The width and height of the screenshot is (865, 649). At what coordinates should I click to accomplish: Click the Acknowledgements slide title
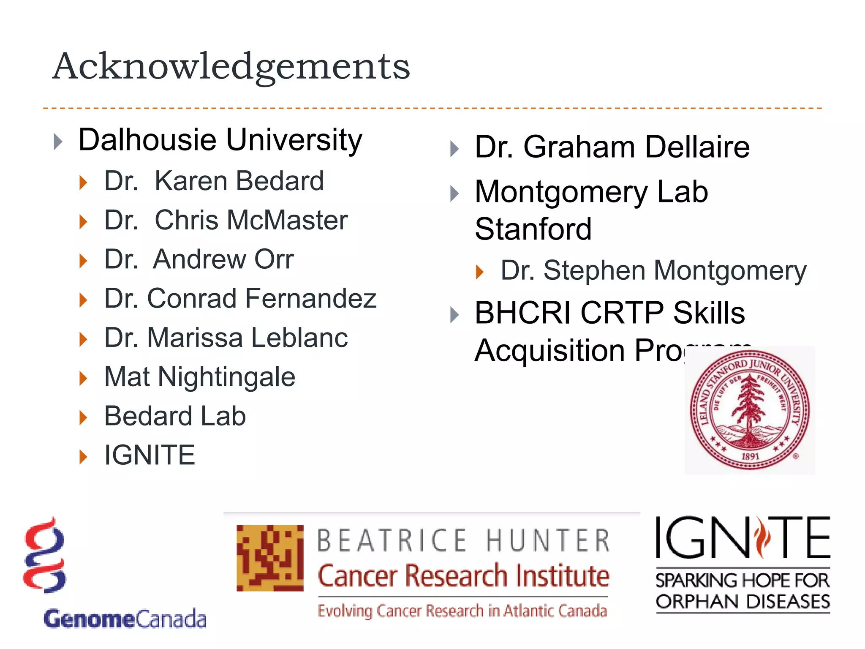(x=231, y=67)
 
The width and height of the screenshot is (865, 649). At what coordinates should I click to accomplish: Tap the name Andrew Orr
(x=223, y=259)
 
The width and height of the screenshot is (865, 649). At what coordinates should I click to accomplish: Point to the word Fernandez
(x=310, y=298)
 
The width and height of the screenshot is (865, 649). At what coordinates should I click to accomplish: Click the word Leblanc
(x=300, y=338)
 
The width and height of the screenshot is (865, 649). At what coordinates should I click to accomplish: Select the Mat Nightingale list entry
(x=199, y=377)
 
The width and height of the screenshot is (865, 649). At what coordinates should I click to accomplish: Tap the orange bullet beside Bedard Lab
(x=83, y=417)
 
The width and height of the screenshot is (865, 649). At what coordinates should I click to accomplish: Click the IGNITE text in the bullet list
(x=150, y=455)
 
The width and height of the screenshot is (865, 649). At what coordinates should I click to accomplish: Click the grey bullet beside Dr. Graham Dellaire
(x=454, y=149)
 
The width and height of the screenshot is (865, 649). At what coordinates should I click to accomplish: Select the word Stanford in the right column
(x=533, y=229)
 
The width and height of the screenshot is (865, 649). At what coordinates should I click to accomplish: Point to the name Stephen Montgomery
(x=675, y=270)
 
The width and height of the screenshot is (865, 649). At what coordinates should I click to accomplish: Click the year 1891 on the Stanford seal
(x=750, y=456)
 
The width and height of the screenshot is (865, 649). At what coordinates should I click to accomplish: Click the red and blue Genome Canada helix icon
(x=45, y=556)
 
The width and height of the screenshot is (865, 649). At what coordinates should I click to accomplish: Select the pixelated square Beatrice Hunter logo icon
(x=270, y=558)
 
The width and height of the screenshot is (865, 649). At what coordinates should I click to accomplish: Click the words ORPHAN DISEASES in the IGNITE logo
(x=743, y=602)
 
